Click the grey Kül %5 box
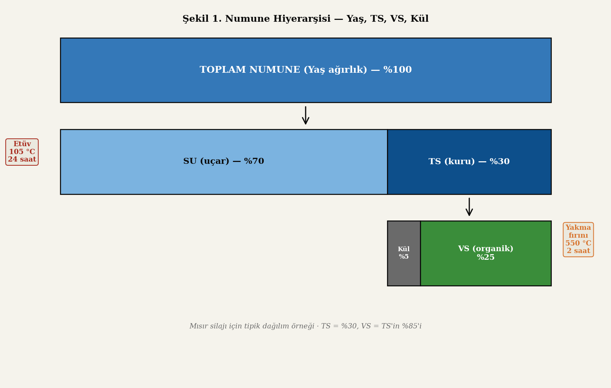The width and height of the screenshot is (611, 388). pyautogui.click(x=403, y=253)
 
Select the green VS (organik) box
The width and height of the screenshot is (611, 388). pyautogui.click(x=486, y=253)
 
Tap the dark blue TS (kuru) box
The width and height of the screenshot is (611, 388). pyautogui.click(x=469, y=162)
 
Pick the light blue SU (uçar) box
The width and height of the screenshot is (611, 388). pyautogui.click(x=224, y=162)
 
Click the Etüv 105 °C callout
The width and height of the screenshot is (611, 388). pyautogui.click(x=22, y=152)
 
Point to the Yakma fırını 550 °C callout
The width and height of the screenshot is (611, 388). pyautogui.click(x=578, y=240)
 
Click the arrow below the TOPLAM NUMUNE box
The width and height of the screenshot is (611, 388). pyautogui.click(x=306, y=115)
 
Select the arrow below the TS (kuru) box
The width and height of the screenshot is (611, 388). pyautogui.click(x=469, y=207)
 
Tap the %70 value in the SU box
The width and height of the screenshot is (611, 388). pyautogui.click(x=254, y=162)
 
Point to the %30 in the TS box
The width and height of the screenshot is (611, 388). pyautogui.click(x=500, y=162)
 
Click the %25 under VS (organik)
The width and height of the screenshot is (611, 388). pyautogui.click(x=486, y=258)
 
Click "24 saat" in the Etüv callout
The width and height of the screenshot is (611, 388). pyautogui.click(x=22, y=160)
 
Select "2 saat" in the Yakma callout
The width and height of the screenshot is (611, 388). pyautogui.click(x=578, y=251)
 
